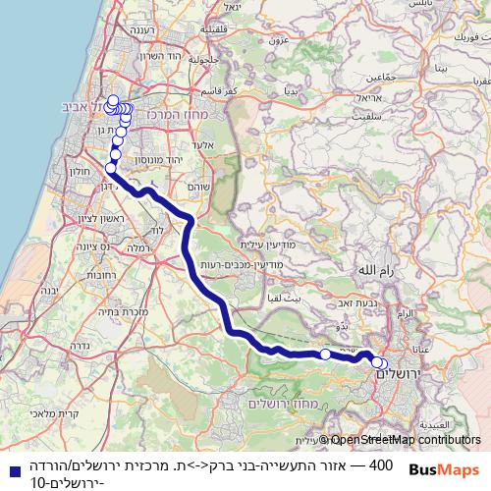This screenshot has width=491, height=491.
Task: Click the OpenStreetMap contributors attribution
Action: point(407,441)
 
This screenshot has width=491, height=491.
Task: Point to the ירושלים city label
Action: point(397,374)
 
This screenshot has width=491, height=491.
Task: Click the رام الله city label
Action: point(375,268)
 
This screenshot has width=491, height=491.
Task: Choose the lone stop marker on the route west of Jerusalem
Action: point(325,354)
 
